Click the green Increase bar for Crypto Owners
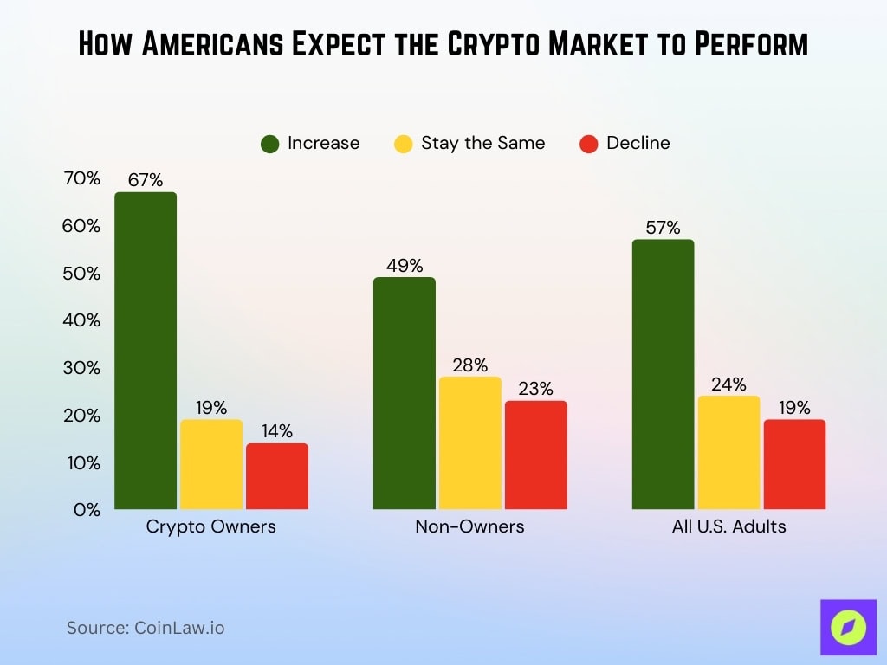pos(146,351)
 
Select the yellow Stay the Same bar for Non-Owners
pos(469,442)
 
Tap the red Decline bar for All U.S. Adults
pos(794,464)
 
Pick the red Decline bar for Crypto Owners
pos(277,476)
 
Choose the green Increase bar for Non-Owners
pos(405,393)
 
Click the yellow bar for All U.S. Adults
pos(728,452)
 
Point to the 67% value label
pos(146,180)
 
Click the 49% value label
pos(405,265)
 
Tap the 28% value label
pos(469,365)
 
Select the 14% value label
pos(277,431)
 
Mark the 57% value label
pos(663,228)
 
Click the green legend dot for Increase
pos(270,144)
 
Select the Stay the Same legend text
pos(482,143)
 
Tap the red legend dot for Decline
pos(589,144)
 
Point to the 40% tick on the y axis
pos(82,320)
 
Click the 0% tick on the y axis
pos(87,510)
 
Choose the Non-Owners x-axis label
pos(469,526)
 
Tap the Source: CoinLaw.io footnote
pos(146,628)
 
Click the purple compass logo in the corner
pos(843,626)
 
